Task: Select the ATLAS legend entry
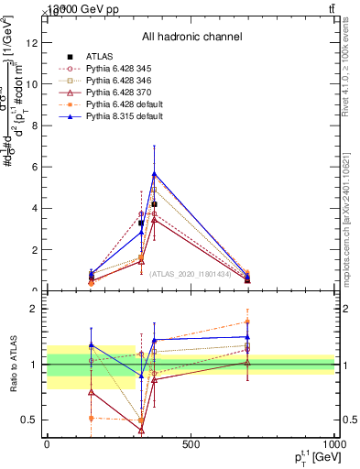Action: click(101, 57)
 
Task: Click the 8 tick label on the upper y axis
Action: click(38, 125)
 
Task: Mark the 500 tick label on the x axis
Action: click(191, 445)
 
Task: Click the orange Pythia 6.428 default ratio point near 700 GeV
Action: click(248, 322)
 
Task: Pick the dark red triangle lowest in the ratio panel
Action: click(141, 429)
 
